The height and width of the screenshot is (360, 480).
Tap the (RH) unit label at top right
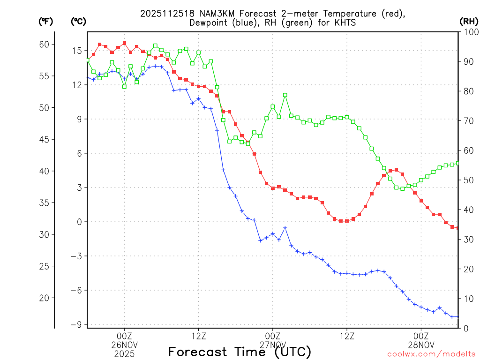[x=469, y=21]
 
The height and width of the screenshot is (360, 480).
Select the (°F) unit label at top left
[x=45, y=21]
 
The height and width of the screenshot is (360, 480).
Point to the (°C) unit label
[x=78, y=21]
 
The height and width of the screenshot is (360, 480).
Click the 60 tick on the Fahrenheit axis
[x=44, y=45]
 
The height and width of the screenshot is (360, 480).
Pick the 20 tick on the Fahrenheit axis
[x=44, y=298]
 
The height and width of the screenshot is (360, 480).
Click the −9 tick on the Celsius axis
[x=75, y=324]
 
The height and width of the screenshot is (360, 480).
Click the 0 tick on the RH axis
[x=464, y=328]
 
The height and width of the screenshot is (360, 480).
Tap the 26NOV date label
[x=124, y=345]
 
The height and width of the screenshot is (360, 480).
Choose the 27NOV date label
[x=272, y=345]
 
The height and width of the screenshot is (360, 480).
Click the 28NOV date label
[x=421, y=345]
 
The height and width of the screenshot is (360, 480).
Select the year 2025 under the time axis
[x=124, y=354]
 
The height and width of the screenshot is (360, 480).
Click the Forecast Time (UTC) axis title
[x=239, y=352]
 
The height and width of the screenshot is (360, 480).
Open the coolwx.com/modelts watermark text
[x=431, y=354]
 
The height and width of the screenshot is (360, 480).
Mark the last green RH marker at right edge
[x=458, y=163]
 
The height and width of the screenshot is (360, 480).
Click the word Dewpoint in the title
[x=209, y=22]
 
